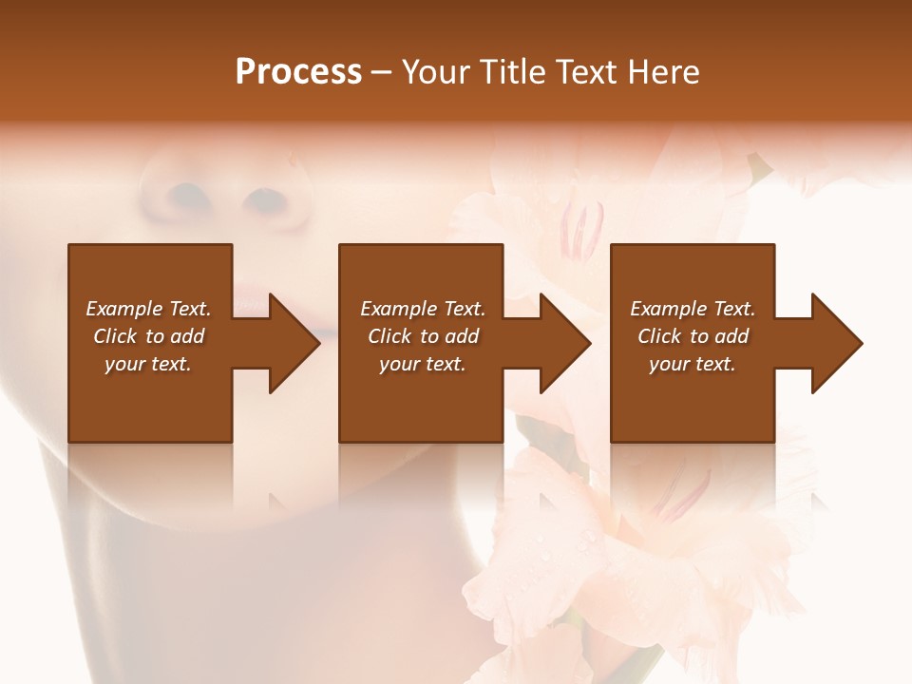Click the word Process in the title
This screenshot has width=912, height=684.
coord(298,72)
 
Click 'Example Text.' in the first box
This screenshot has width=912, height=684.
coord(148,309)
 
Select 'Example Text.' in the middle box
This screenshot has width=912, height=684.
coord(423,309)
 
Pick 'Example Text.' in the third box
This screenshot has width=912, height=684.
coord(693,309)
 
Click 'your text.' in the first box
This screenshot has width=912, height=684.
coord(148,364)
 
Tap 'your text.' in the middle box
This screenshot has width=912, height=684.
coord(423,364)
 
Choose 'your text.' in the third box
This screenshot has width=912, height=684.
coord(693,364)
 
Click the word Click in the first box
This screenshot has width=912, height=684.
coord(115,336)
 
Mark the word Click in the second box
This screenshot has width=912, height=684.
coord(389,336)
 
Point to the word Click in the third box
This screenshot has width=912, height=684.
coord(659,336)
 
